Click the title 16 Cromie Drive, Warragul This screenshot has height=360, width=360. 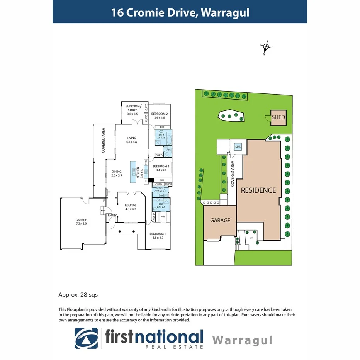(x=180, y=12)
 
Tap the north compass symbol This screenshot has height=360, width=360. (x=266, y=48)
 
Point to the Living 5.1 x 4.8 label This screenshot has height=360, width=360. (x=132, y=140)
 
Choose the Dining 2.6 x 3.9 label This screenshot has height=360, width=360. (x=117, y=173)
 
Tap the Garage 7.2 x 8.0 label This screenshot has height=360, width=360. (x=81, y=222)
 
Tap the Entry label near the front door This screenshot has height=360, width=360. (x=112, y=215)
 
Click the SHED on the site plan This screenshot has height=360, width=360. (x=278, y=117)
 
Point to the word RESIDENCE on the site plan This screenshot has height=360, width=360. (x=258, y=190)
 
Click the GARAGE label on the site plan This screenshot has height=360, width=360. (x=220, y=221)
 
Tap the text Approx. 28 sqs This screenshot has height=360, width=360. (x=78, y=295)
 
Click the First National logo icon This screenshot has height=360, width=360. (x=87, y=338)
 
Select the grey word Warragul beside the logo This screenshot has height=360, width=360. (x=242, y=340)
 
